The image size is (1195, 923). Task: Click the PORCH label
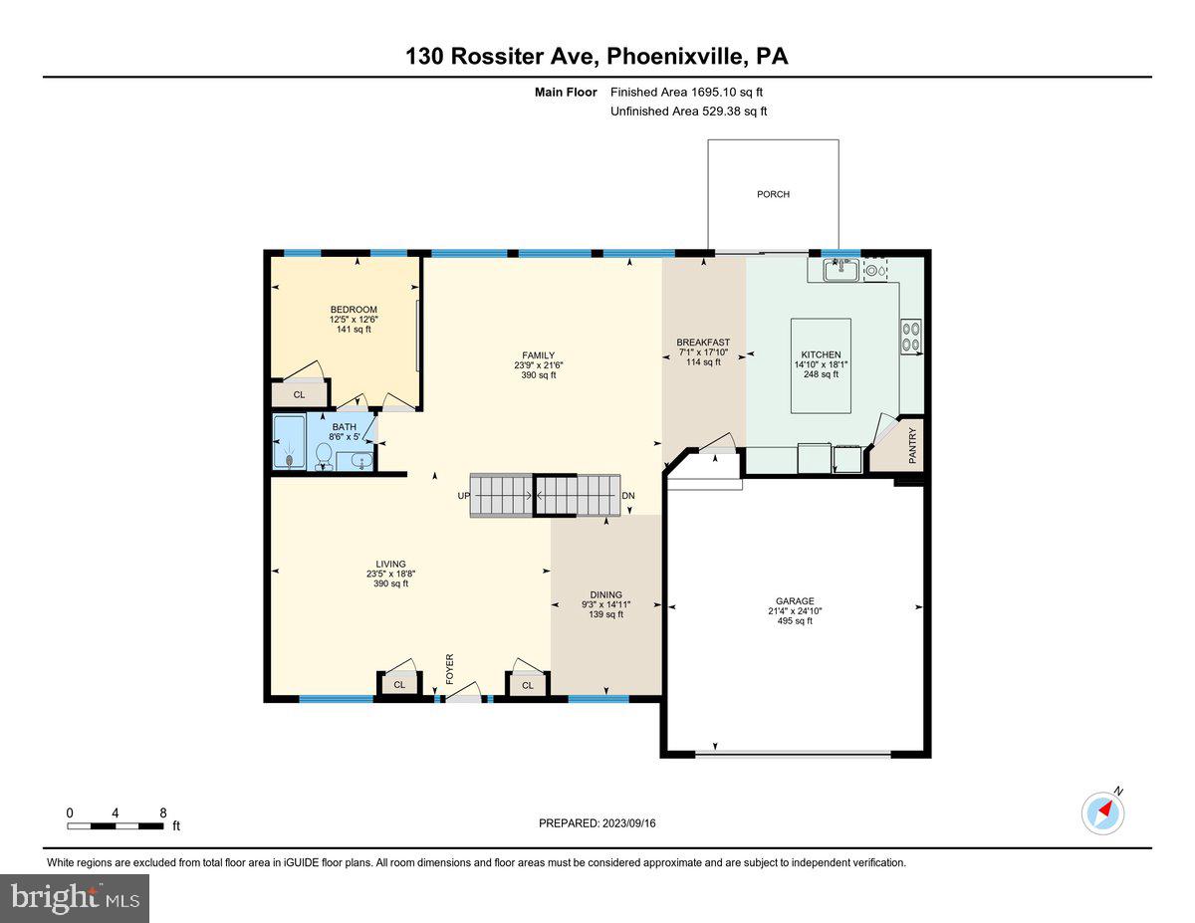click(773, 194)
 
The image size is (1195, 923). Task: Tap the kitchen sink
click(841, 269)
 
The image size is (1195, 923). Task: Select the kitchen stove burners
click(911, 335)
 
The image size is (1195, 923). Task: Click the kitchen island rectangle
click(821, 365)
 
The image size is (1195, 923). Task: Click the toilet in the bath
click(324, 456)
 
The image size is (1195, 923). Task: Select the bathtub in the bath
click(289, 443)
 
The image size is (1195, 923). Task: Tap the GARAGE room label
click(795, 601)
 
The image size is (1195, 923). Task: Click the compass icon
click(1102, 812)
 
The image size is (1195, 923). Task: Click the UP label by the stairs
click(463, 495)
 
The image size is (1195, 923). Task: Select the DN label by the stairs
click(628, 495)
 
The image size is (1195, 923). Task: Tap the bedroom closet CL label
click(299, 395)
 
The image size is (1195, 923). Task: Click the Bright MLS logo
click(75, 898)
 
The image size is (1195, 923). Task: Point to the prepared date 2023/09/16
click(597, 823)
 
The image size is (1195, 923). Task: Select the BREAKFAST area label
click(703, 343)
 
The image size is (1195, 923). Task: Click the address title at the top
click(597, 56)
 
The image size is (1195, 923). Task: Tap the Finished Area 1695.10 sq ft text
click(686, 92)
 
